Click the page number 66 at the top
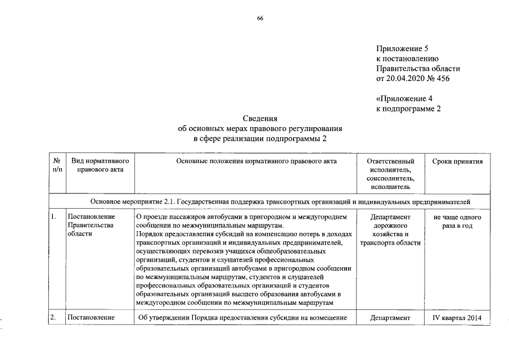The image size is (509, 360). click(x=260, y=19)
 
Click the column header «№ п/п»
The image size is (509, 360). click(x=57, y=165)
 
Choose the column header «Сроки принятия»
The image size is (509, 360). click(x=457, y=161)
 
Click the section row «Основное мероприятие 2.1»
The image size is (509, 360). click(x=281, y=201)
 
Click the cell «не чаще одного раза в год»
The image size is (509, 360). click(x=457, y=221)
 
